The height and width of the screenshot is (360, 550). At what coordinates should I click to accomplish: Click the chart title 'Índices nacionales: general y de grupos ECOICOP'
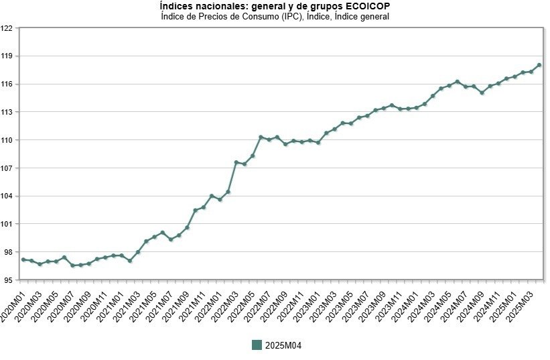click(275, 6)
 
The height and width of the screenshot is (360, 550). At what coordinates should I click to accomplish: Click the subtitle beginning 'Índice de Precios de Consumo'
click(275, 16)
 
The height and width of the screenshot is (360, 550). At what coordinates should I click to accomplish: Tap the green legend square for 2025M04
click(257, 345)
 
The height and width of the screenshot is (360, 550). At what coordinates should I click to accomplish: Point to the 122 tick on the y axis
click(7, 28)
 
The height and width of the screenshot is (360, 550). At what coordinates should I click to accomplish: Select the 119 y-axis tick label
click(7, 56)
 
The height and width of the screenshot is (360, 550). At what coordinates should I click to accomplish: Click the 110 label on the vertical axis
click(7, 140)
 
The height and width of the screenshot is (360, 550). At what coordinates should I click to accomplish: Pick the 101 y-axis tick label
click(7, 224)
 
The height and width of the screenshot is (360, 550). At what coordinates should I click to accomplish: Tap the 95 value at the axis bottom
click(9, 280)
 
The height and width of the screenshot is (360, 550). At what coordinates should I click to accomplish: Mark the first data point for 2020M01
click(23, 259)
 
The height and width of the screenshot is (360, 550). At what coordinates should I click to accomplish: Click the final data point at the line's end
click(539, 65)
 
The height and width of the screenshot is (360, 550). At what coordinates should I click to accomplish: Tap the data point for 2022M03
click(236, 162)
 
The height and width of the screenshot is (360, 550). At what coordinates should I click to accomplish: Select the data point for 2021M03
click(138, 252)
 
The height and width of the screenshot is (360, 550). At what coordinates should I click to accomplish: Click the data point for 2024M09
click(482, 93)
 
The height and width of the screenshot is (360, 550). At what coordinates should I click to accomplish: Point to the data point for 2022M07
click(269, 139)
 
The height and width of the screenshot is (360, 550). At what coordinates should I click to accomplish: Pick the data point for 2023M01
click(318, 143)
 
